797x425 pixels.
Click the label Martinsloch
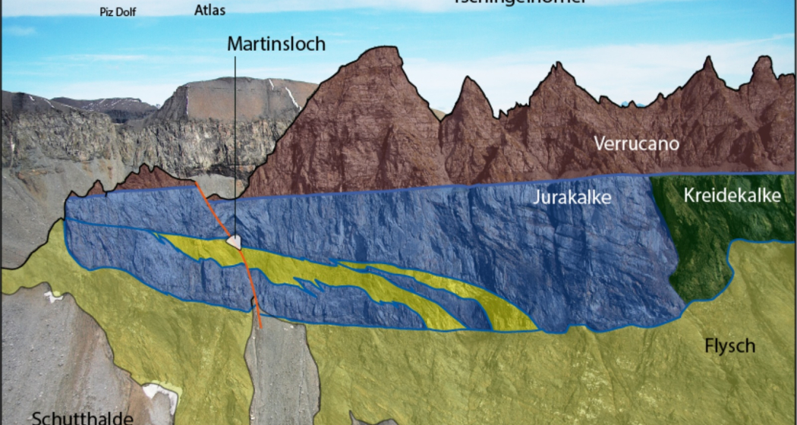point(276,44)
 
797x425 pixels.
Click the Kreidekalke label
point(732,195)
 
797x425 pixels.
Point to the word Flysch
point(729,346)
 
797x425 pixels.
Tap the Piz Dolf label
point(116,11)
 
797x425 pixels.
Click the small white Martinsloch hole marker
point(235,241)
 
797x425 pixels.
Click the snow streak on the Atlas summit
point(292,96)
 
